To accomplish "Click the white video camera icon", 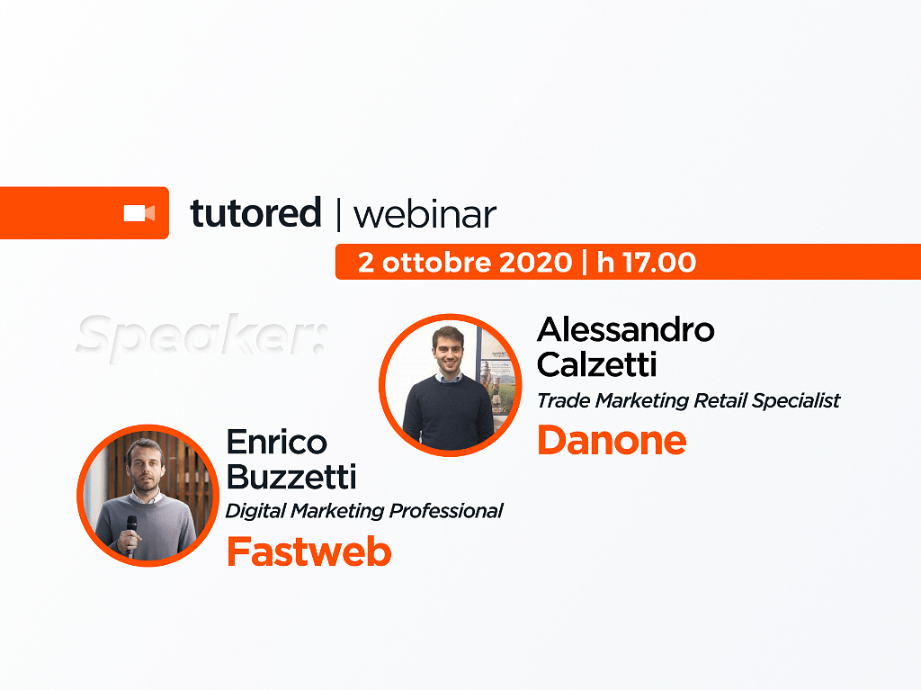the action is [139, 213].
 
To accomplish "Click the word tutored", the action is [256, 213].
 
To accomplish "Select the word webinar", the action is [425, 215].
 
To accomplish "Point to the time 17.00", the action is [659, 262].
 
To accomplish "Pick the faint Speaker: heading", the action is [201, 336].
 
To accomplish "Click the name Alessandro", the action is [626, 330].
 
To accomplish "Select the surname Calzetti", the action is [596, 364].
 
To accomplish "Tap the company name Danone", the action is [612, 440].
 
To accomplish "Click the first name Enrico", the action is [277, 442].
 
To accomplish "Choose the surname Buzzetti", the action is [291, 476].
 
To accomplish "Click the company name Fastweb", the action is [309, 551].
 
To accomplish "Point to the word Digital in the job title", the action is [255, 511].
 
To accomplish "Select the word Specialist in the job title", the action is [796, 401].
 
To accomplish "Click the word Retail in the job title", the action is [720, 401].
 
